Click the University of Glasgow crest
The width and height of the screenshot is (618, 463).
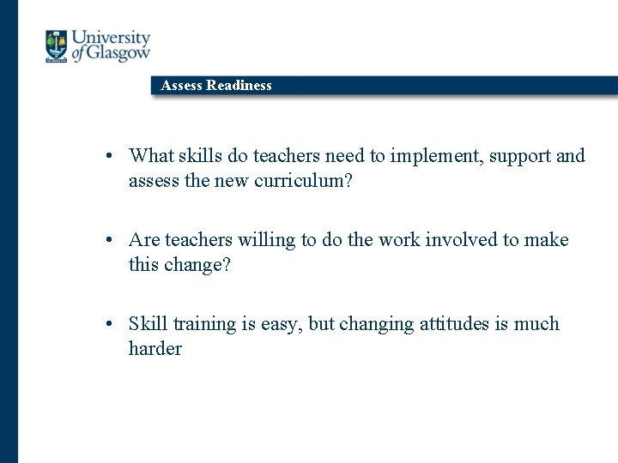click(x=57, y=46)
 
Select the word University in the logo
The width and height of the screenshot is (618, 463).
click(x=111, y=38)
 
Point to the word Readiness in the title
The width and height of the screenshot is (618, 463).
click(x=239, y=85)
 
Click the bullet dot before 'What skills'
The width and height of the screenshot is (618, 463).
click(x=112, y=157)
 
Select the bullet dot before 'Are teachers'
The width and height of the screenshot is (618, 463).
click(x=112, y=241)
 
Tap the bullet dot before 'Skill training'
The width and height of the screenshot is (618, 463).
click(x=112, y=325)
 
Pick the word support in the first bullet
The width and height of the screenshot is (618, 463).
click(x=515, y=156)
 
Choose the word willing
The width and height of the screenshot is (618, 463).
click(x=267, y=240)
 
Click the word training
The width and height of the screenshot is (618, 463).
click(x=205, y=324)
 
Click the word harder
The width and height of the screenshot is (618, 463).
click(x=155, y=349)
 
